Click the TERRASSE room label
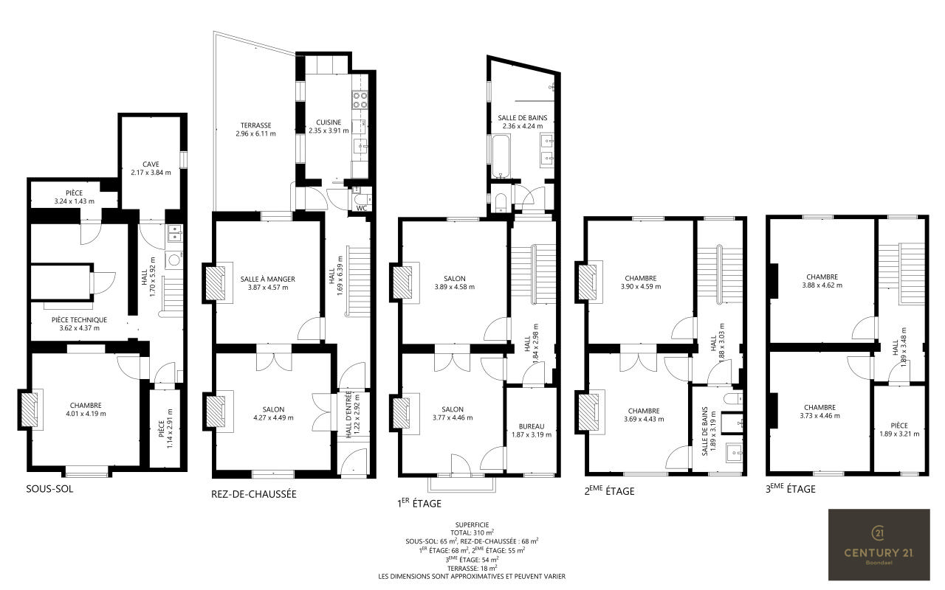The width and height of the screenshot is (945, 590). click(x=255, y=125)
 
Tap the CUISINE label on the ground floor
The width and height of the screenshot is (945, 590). click(x=329, y=122)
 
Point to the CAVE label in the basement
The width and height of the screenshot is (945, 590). click(x=151, y=164)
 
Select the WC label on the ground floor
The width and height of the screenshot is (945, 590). click(x=362, y=208)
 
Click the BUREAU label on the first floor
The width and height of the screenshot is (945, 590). click(x=532, y=426)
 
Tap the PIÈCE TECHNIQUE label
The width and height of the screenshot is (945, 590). click(x=79, y=320)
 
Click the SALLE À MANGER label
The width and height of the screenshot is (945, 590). click(x=268, y=279)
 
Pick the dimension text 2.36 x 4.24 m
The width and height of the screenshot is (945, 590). click(x=523, y=126)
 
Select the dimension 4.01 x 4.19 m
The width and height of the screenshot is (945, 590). click(x=86, y=414)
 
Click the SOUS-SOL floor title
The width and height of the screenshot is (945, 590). click(x=49, y=489)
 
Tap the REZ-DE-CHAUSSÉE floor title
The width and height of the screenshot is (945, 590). click(x=254, y=494)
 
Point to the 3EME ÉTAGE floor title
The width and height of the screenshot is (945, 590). click(x=791, y=489)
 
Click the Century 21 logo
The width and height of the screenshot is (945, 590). click(x=879, y=544)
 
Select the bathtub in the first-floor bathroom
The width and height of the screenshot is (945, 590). click(x=501, y=156)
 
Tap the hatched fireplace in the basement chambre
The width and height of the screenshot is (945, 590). click(x=30, y=409)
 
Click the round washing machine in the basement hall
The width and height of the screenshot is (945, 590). click(x=173, y=260)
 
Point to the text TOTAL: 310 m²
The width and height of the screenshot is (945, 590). click(x=472, y=532)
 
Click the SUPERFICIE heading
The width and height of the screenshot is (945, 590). click(x=472, y=524)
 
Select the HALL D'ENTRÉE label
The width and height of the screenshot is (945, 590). click(x=348, y=414)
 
